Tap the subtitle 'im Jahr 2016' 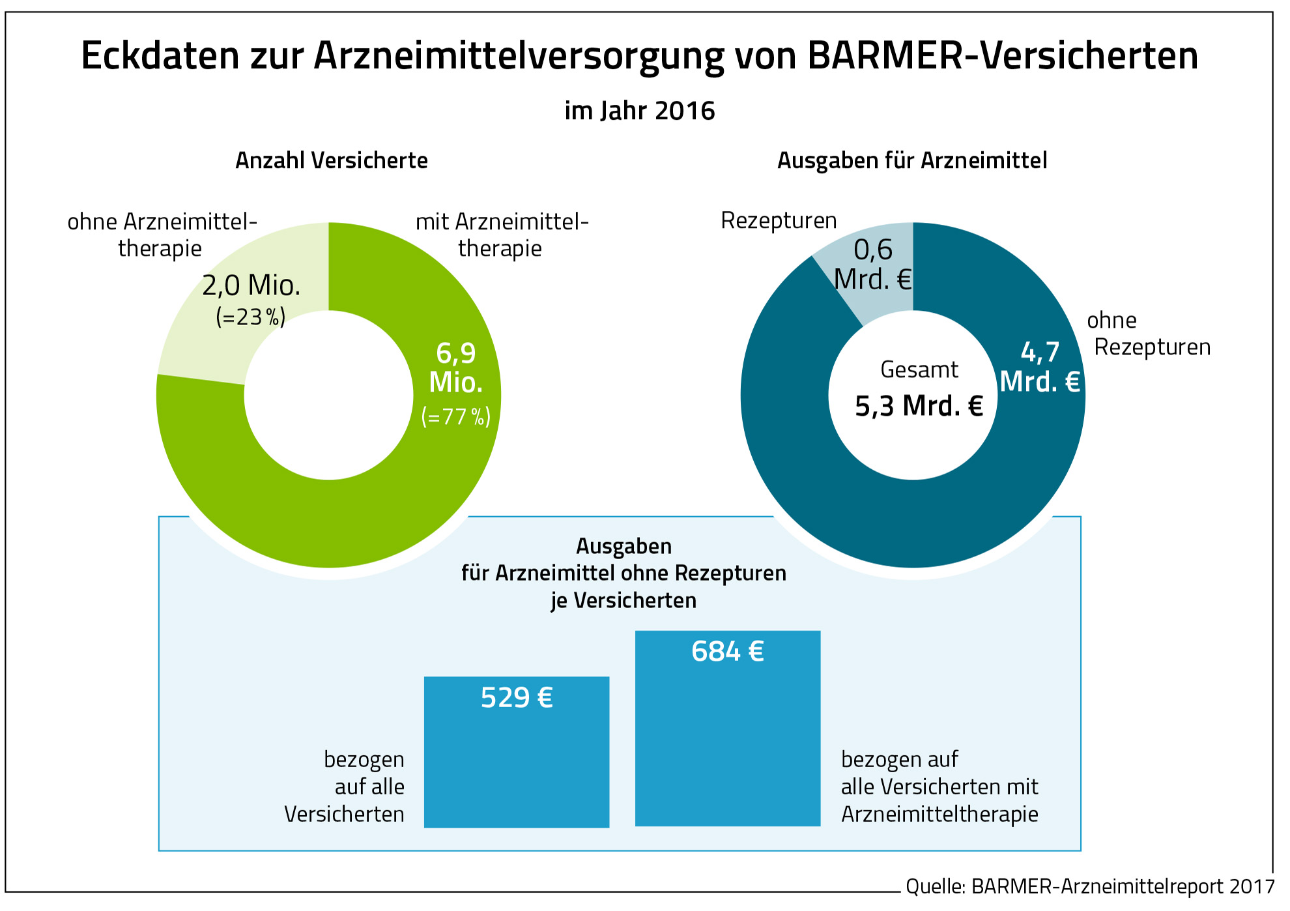tap(639, 111)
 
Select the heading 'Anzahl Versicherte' tap(331, 160)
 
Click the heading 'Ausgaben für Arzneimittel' tap(912, 160)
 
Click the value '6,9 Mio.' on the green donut tap(456, 368)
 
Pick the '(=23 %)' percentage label tap(251, 317)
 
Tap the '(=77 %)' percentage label tap(456, 416)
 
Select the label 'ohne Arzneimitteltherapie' tap(162, 235)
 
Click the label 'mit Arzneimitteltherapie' tap(501, 235)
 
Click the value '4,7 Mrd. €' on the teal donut tap(1040, 367)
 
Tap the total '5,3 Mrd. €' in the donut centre tap(919, 407)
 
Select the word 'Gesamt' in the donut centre tap(919, 369)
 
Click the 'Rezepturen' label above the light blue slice tap(779, 221)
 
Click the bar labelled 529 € tap(517, 762)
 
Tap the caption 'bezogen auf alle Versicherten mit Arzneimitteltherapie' tap(939, 787)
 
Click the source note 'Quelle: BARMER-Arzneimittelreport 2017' tap(1089, 886)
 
